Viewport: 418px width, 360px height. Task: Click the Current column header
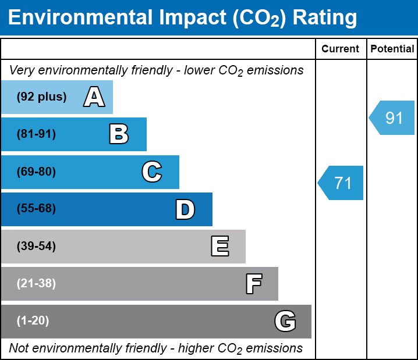(x=340, y=49)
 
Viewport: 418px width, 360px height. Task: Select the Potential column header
(x=392, y=49)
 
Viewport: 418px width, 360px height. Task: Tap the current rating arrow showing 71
(x=341, y=183)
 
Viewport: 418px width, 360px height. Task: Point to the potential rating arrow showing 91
(x=392, y=117)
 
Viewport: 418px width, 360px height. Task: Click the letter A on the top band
(x=94, y=97)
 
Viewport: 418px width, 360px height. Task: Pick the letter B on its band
(x=119, y=134)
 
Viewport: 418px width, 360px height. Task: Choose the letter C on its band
(x=152, y=172)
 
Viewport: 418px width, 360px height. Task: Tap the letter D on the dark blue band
(x=185, y=209)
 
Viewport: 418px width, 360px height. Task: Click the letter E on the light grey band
(x=220, y=246)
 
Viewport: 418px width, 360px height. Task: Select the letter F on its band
(x=254, y=284)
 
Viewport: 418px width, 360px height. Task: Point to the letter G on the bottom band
(x=285, y=321)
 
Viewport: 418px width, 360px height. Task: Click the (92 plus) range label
(x=41, y=97)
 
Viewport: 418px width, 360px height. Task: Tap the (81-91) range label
(x=36, y=134)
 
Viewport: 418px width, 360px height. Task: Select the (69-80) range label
(x=36, y=172)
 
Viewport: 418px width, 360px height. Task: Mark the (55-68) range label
(x=36, y=208)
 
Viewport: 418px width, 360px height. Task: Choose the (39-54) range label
(x=36, y=246)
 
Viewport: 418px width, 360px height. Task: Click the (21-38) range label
(x=36, y=283)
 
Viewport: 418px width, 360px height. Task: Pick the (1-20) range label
(x=33, y=320)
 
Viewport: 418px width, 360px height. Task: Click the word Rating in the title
(x=325, y=18)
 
